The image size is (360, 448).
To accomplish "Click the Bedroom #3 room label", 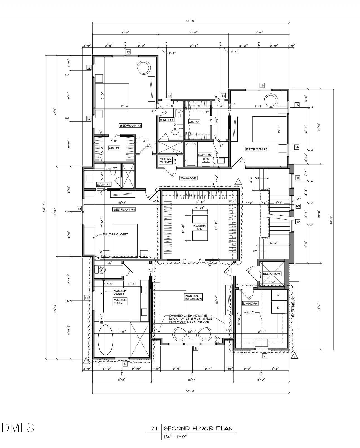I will point(130,126).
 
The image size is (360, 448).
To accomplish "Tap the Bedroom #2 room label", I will point(256,149).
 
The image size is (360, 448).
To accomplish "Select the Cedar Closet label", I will point(165,160).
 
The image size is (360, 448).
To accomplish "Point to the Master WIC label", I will point(199,227).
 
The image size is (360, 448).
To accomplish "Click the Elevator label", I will point(271,274).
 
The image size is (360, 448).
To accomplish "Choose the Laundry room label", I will point(250,303).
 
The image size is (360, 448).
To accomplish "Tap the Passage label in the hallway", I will point(188,178).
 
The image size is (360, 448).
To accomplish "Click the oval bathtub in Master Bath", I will point(105,340).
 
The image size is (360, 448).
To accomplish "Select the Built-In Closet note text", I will point(115,234).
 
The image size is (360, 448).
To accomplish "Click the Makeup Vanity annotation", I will point(120,292).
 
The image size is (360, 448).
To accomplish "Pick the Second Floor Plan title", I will point(198,428).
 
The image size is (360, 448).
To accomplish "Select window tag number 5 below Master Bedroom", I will point(196,348).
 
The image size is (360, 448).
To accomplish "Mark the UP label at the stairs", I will point(255,251).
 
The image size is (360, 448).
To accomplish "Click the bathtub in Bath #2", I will point(191,154).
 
